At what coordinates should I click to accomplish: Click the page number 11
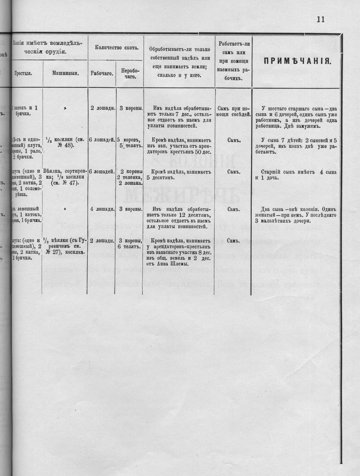[x=320, y=19]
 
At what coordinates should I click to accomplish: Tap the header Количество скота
[x=116, y=48]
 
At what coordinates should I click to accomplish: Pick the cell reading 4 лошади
[x=102, y=209]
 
